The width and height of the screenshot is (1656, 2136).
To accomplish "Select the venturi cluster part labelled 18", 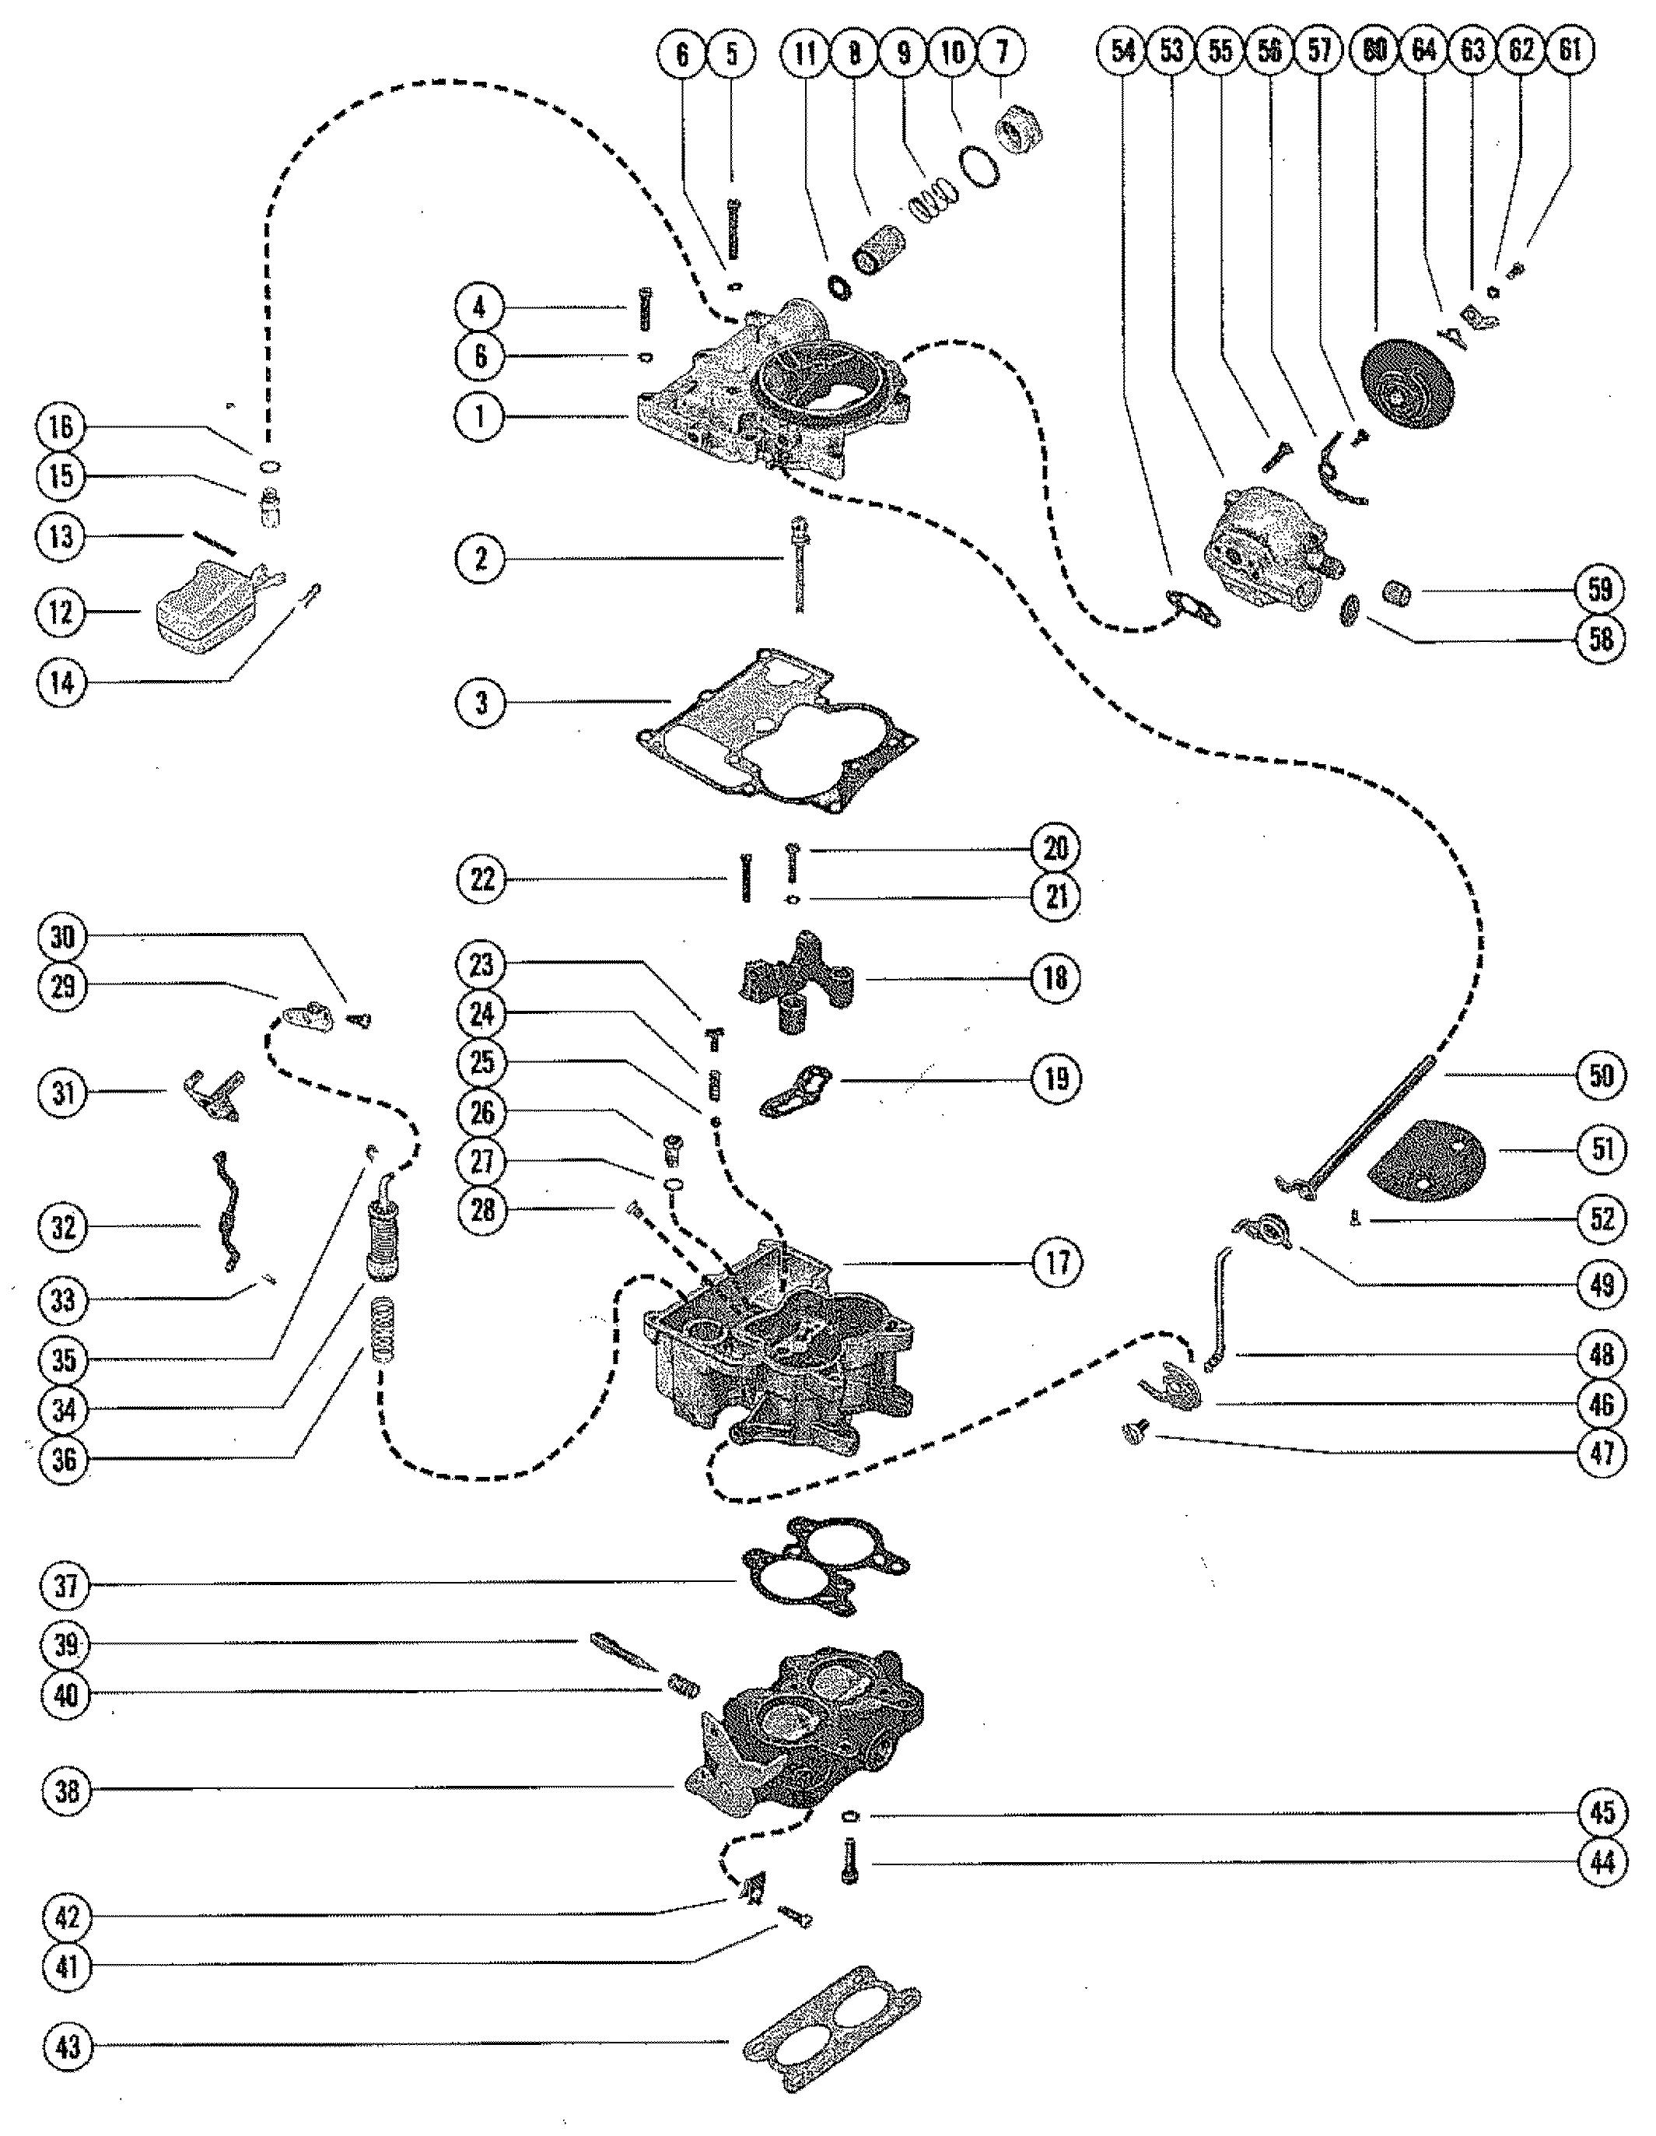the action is [x=796, y=978].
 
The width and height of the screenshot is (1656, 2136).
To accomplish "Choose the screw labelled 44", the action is [x=849, y=1861].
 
